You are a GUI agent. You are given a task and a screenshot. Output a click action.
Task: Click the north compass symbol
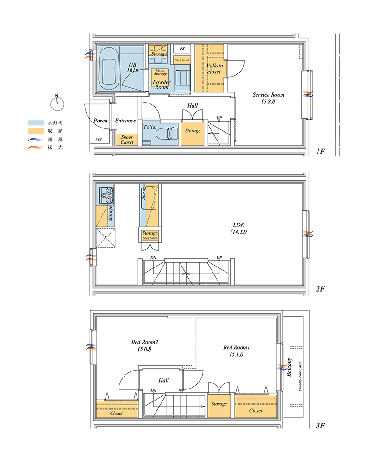(57, 103)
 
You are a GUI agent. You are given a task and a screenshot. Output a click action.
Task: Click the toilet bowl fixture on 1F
(167, 134)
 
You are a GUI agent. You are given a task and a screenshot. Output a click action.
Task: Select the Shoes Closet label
(127, 140)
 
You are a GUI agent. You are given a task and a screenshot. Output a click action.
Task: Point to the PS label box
(182, 49)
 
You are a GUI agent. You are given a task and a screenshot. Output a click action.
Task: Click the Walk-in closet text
(214, 69)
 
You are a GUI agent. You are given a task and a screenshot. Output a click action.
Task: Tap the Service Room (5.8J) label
(268, 98)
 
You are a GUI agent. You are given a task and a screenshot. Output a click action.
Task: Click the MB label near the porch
(99, 140)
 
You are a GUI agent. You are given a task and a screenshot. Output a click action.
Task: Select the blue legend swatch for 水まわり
(36, 122)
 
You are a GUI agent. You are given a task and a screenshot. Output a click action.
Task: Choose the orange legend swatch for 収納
(36, 131)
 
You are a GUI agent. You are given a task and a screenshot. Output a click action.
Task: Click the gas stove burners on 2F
(106, 195)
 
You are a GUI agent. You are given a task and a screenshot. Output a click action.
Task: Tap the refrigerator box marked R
(106, 238)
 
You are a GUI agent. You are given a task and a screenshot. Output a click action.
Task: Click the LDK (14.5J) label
(238, 228)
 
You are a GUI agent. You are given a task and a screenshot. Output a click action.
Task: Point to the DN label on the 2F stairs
(154, 257)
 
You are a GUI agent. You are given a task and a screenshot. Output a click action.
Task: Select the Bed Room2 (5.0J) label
(144, 346)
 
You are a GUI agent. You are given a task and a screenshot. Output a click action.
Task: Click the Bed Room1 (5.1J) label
(237, 351)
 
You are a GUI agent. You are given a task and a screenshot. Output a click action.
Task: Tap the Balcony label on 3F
(289, 367)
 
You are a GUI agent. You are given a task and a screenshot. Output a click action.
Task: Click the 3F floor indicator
(320, 425)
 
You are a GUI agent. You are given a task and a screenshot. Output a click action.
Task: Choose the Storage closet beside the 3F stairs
(219, 406)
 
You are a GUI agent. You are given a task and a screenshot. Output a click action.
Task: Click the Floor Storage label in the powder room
(160, 72)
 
